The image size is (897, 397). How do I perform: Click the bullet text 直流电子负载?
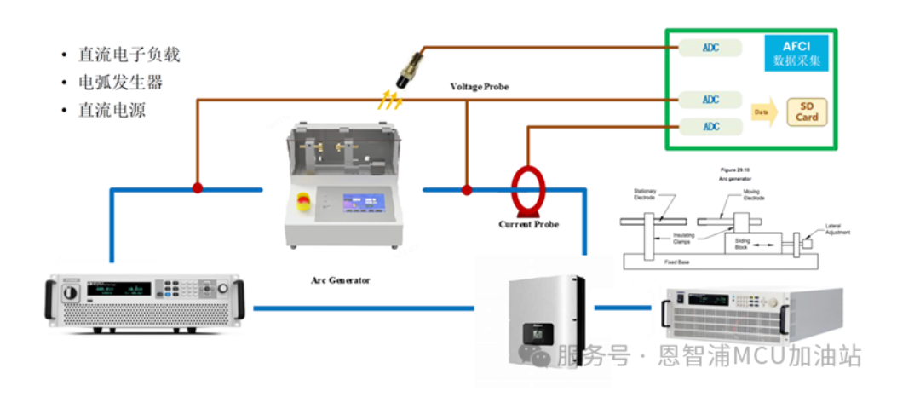[129, 55]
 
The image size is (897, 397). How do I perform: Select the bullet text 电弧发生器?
[120, 83]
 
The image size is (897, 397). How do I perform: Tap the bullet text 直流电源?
[112, 110]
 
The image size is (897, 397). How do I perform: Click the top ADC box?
[710, 48]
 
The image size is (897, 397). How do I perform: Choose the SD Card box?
[807, 112]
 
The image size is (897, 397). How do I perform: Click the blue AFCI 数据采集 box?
[795, 53]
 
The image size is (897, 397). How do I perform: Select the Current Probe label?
[529, 224]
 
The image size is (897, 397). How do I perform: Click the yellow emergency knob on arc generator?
[302, 201]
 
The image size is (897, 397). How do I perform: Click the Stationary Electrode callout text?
[645, 194]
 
